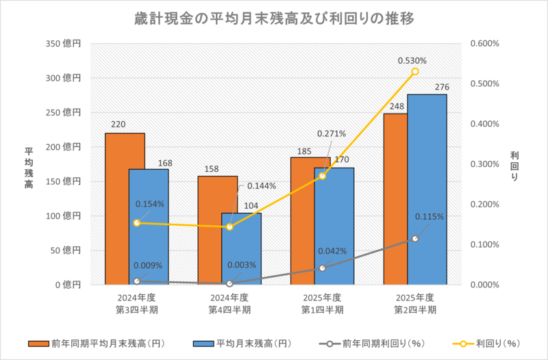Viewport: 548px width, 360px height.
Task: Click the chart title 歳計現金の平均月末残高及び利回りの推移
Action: [274, 19]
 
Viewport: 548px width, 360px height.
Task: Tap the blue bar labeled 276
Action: [427, 188]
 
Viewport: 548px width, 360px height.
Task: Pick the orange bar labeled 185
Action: [301, 219]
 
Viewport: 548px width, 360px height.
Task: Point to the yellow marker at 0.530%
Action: [415, 72]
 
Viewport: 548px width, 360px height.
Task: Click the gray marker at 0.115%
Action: [415, 238]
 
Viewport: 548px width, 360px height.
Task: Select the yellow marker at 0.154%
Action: [137, 223]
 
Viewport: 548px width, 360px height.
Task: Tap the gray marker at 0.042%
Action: [323, 268]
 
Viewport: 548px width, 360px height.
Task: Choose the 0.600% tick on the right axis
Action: [486, 43]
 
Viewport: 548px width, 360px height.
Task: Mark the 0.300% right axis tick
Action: [486, 164]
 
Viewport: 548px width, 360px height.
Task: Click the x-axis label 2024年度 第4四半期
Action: [229, 303]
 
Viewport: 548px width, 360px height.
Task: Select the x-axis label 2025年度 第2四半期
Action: [415, 303]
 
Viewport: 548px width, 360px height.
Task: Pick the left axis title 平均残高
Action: [29, 164]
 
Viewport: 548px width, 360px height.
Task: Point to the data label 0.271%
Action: [332, 133]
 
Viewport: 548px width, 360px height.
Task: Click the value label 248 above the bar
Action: [395, 106]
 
